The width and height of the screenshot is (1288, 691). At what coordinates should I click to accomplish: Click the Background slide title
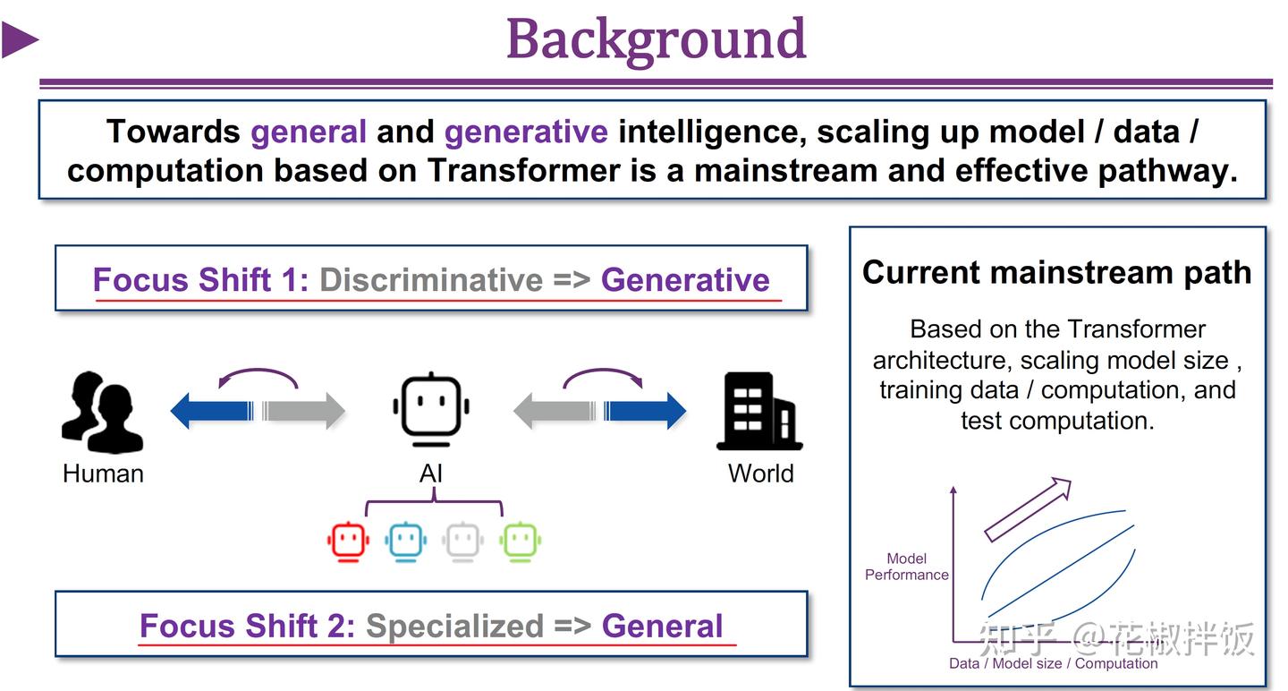656,39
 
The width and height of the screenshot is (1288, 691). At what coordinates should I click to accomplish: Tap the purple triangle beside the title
20,40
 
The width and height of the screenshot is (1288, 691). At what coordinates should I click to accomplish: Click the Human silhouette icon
102,413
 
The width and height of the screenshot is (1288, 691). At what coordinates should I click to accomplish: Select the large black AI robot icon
431,410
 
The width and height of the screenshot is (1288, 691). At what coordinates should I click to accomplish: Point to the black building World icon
758,412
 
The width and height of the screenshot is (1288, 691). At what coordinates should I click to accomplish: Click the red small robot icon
349,541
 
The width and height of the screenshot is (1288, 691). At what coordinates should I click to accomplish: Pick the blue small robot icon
406,541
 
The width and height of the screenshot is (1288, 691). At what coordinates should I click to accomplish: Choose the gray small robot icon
463,541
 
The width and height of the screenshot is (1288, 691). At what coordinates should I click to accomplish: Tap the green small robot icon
521,541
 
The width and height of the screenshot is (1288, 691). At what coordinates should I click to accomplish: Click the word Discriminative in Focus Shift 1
430,280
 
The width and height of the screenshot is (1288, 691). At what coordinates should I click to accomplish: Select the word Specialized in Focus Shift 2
454,626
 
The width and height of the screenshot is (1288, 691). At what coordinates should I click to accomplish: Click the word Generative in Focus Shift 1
685,280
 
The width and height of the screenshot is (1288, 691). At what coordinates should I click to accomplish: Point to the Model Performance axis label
906,567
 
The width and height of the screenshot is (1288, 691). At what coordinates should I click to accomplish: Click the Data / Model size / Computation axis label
1053,663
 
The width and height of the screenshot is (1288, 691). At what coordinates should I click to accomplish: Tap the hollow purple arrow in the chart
1028,509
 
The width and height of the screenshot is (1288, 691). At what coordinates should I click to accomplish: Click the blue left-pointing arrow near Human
211,411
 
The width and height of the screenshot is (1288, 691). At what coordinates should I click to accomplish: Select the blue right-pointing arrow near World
646,411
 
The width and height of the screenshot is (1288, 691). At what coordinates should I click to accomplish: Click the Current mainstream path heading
1056,272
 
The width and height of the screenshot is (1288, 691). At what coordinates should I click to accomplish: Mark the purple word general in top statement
309,132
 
